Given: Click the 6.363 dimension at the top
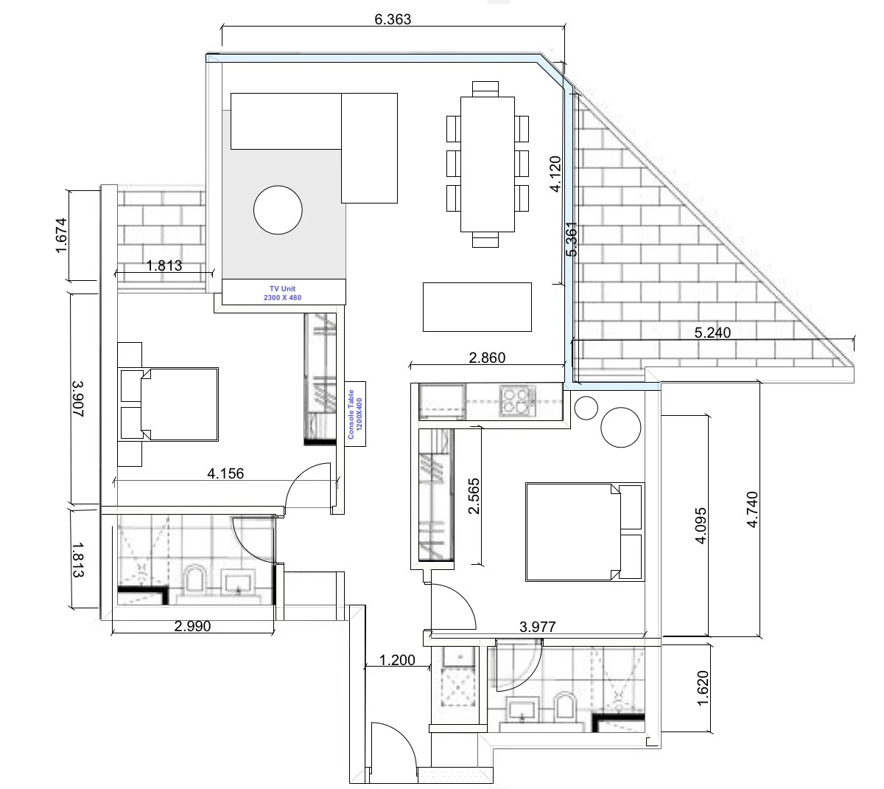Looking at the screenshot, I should [x=393, y=20].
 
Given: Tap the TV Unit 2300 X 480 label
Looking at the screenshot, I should [x=284, y=293].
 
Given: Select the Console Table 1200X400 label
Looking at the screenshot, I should [x=355, y=414].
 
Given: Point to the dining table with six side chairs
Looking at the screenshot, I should [x=487, y=164].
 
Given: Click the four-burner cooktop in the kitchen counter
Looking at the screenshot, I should [x=516, y=402].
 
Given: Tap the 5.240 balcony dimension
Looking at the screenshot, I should [x=712, y=333].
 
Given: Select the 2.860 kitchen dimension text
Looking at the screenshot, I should [x=487, y=358].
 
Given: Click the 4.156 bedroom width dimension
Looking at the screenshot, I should [x=226, y=473].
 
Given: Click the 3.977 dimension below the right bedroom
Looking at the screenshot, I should [x=537, y=628].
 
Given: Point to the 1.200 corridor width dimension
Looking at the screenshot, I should [x=397, y=660].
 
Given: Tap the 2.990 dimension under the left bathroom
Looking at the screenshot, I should [x=192, y=626].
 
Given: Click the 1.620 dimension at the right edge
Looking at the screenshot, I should [x=701, y=687].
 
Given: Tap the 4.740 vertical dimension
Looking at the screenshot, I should [x=752, y=509].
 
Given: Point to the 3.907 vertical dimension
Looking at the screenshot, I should [x=77, y=399].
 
